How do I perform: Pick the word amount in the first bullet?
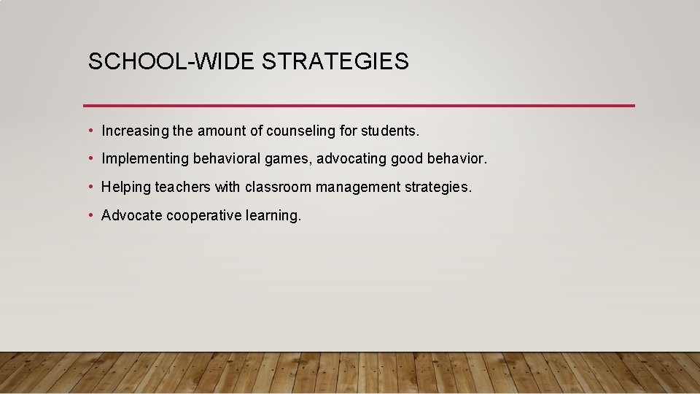tap(219, 131)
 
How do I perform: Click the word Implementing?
tap(145, 159)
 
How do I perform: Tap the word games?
tap(292, 159)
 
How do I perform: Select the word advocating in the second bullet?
tap(352, 159)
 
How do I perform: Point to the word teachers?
tap(182, 188)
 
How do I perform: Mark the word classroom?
tap(278, 188)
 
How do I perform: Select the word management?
tap(357, 188)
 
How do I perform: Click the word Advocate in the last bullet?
tap(131, 215)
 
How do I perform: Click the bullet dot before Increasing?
tap(90, 131)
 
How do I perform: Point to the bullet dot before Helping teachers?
tap(90, 188)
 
